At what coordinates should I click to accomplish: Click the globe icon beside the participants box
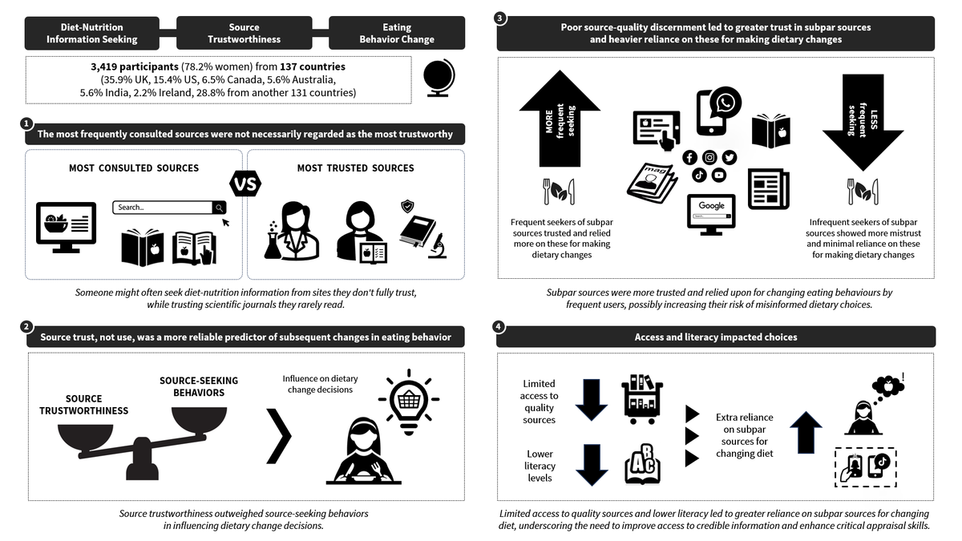[439, 78]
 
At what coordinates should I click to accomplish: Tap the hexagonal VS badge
[245, 184]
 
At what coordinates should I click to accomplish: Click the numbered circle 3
[499, 18]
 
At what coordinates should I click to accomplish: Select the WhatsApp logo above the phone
[726, 103]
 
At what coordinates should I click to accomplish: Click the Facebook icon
[689, 158]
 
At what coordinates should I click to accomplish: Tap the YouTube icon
[719, 176]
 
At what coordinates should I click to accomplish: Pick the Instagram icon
[709, 158]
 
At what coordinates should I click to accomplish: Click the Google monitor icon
[711, 214]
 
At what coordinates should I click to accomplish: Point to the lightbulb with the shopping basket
[408, 402]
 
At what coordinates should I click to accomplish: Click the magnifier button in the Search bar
[219, 208]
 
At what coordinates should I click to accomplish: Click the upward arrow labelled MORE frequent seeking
[560, 119]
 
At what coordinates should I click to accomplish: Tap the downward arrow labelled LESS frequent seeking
[863, 122]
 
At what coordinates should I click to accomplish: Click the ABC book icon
[642, 464]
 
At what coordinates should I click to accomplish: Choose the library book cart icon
[642, 399]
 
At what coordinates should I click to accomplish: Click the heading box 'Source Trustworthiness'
[244, 33]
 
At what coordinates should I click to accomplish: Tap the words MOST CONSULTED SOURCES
[134, 168]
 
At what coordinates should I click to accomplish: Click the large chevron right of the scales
[279, 436]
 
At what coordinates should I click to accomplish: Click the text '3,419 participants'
[135, 67]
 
